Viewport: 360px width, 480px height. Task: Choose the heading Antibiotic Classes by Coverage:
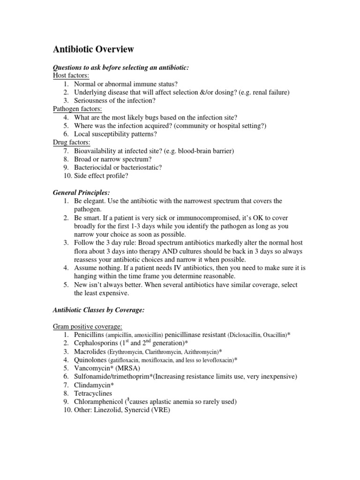click(x=101, y=310)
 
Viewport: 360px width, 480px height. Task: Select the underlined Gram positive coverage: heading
click(x=89, y=326)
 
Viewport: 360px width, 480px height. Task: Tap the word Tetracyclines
click(x=93, y=393)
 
